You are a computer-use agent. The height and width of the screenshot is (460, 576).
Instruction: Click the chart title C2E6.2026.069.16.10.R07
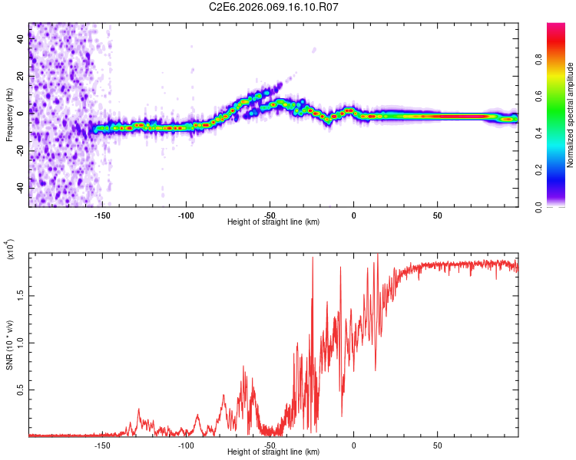pos(274,7)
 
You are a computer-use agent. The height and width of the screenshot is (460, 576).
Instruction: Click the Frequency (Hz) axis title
pos(9,115)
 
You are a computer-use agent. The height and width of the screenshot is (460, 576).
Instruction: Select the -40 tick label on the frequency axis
pos(21,188)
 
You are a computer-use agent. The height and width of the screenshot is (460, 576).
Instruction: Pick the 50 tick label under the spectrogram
pos(437,215)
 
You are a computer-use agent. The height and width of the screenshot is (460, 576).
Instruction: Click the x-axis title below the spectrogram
pos(273,222)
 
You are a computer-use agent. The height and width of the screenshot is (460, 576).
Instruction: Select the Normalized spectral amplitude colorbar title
pos(571,115)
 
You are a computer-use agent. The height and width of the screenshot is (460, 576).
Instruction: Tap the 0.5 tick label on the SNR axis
pos(21,390)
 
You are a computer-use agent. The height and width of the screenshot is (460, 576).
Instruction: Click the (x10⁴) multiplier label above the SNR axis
pos(10,249)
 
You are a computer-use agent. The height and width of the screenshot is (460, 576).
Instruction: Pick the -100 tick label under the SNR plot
pos(186,445)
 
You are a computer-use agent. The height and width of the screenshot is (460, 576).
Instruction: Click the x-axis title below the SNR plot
pos(273,452)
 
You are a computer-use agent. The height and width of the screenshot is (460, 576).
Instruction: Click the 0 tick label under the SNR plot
pos(353,445)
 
